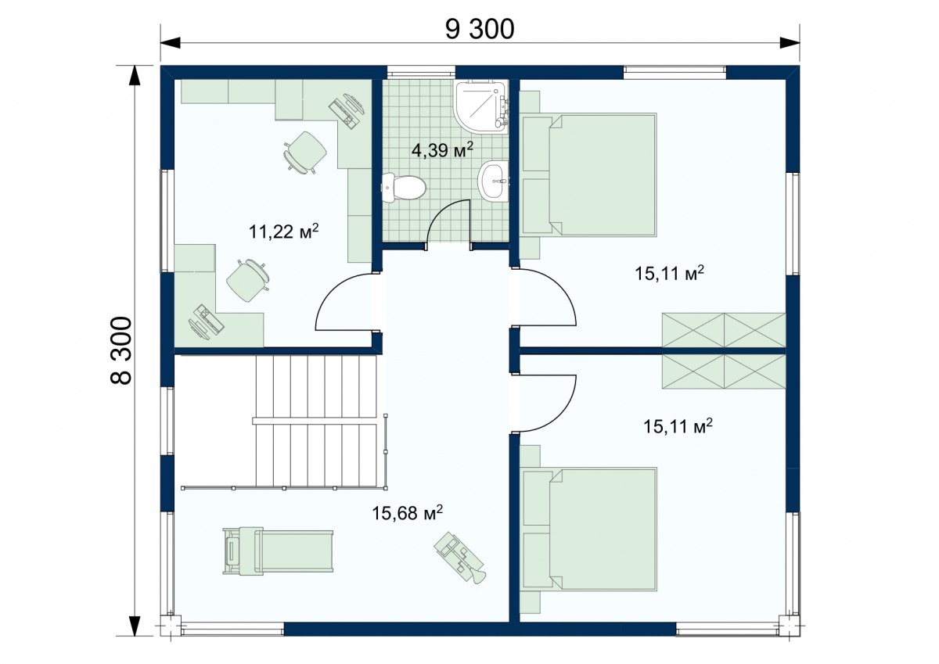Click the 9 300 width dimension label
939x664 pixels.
pyautogui.click(x=480, y=30)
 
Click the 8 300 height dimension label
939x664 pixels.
pyautogui.click(x=121, y=350)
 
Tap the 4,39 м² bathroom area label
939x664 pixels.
pyautogui.click(x=442, y=149)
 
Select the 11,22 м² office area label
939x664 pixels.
pyautogui.click(x=284, y=232)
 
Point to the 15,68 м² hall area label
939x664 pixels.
pyautogui.click(x=407, y=513)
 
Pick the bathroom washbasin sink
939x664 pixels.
pyautogui.click(x=493, y=181)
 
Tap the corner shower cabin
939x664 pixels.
pyautogui.click(x=482, y=106)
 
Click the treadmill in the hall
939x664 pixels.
pyautogui.click(x=278, y=551)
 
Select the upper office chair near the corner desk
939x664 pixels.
pyautogui.click(x=306, y=152)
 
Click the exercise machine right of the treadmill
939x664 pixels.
pyautogui.click(x=460, y=557)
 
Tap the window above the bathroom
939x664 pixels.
pyautogui.click(x=421, y=72)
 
